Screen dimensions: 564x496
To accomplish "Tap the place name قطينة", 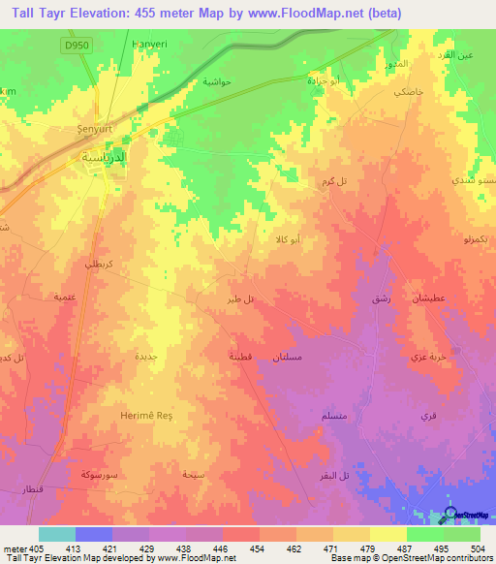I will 241,356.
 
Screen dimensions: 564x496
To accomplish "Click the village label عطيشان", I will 428,298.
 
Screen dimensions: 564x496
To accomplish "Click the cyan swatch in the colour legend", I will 57,533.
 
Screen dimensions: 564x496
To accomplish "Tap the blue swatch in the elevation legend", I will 94,533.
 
